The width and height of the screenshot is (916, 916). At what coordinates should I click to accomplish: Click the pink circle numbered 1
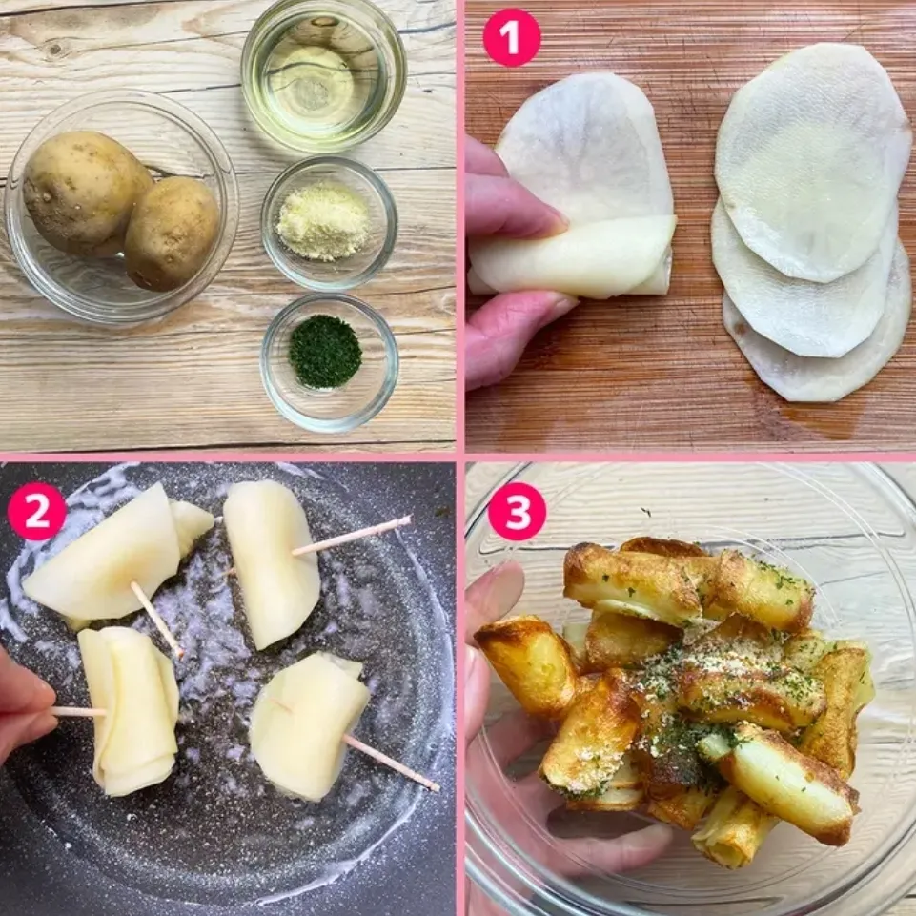(x=512, y=37)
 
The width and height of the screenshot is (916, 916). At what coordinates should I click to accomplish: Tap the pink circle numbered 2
(x=37, y=512)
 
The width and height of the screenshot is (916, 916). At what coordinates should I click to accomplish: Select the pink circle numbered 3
(x=517, y=512)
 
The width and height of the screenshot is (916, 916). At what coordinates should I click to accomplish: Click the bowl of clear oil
(x=324, y=76)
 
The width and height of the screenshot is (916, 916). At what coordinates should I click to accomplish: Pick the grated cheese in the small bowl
(x=323, y=221)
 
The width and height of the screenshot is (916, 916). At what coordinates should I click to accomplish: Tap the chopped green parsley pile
(x=325, y=352)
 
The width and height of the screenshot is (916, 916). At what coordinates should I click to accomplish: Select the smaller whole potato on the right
(x=172, y=233)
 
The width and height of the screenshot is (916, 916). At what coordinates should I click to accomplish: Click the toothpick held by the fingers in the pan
(x=79, y=711)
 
